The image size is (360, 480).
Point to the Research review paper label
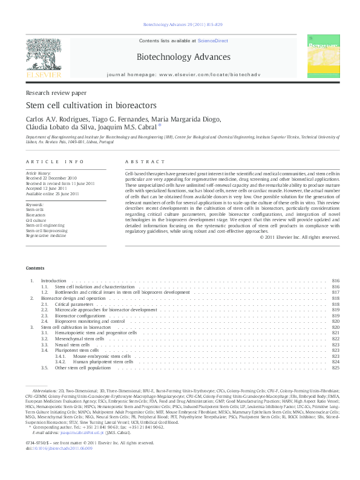(x=56, y=92)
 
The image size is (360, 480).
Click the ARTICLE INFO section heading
(x=54, y=162)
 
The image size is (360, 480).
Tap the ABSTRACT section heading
(x=145, y=162)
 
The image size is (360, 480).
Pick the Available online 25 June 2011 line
(x=52, y=193)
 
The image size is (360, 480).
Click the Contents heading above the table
(x=34, y=268)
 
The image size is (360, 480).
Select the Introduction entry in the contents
(x=53, y=281)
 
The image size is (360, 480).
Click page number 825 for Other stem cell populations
(x=336, y=368)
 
